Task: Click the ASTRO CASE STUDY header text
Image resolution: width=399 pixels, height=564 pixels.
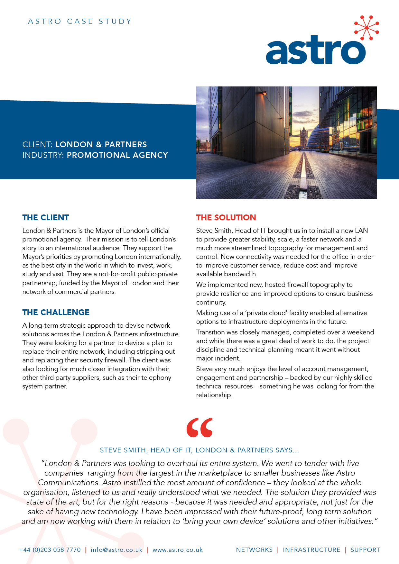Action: (80, 22)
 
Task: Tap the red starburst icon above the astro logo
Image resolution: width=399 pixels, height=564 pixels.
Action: (367, 28)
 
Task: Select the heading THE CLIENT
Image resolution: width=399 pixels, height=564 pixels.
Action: (46, 218)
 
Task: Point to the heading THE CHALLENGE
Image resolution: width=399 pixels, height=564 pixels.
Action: (56, 312)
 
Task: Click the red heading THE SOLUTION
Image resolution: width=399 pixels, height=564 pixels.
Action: (226, 218)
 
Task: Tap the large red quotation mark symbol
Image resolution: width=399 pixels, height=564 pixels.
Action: (199, 428)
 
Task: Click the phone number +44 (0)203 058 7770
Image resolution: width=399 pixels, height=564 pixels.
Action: (50, 550)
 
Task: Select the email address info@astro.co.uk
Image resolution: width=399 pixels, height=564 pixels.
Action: (116, 550)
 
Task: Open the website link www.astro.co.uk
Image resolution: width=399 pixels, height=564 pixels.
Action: (178, 550)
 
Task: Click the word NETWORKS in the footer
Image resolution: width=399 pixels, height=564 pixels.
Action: (254, 550)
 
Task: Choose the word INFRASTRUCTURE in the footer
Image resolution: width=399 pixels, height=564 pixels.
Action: (311, 550)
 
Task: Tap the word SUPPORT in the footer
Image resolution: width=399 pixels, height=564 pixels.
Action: (365, 550)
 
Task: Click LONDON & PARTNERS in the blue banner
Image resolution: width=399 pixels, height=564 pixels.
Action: (101, 144)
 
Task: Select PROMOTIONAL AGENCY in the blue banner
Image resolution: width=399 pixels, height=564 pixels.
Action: (117, 155)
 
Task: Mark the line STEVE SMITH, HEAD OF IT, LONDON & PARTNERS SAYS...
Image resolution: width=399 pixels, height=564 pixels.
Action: (199, 450)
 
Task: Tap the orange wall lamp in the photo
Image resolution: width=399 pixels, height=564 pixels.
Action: (264, 93)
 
